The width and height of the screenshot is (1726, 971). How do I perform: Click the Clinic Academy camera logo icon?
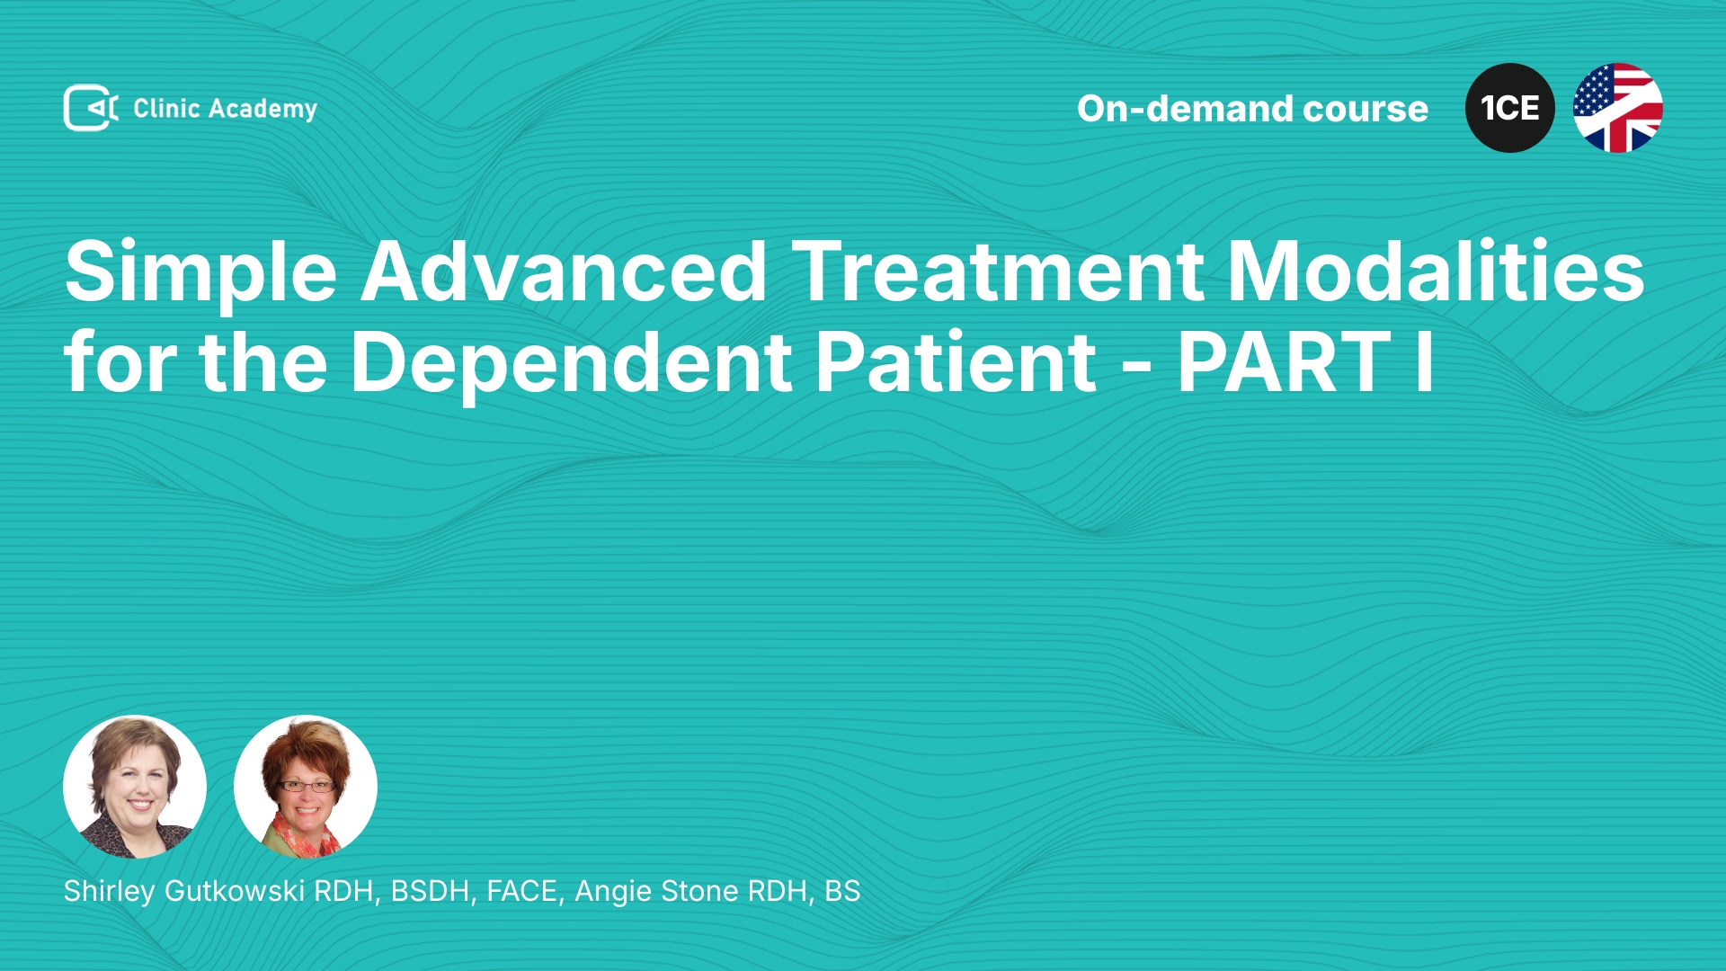(x=91, y=108)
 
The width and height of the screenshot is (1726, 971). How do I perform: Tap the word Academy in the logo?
(x=262, y=110)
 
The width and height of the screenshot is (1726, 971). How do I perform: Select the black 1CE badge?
(x=1510, y=108)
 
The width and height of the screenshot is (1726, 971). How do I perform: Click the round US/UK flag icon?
(x=1618, y=108)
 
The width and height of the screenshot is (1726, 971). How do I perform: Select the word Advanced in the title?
(x=564, y=272)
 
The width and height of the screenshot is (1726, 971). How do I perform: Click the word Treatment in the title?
(x=998, y=272)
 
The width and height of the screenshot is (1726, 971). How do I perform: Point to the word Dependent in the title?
(x=571, y=363)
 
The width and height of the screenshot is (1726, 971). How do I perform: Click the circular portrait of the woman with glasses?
(x=306, y=787)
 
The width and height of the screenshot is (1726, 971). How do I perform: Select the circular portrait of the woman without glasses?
(x=135, y=787)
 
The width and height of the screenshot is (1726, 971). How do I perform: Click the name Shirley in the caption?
(x=110, y=892)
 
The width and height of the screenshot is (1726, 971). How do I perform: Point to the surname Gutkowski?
(x=236, y=891)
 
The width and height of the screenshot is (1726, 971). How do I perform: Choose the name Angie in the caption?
(x=612, y=892)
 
